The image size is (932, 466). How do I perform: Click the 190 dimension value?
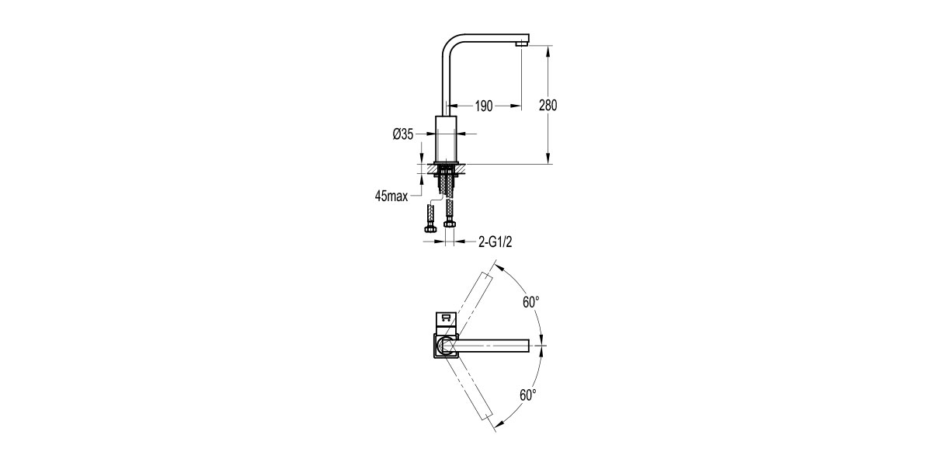tap(484, 106)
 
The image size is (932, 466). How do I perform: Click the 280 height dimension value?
tap(548, 106)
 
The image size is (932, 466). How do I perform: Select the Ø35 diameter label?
tap(403, 134)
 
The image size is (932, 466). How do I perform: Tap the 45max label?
tap(391, 196)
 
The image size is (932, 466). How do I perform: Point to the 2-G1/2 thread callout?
tap(496, 242)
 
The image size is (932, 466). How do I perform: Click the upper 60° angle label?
tap(531, 302)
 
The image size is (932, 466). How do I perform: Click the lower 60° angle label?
tap(527, 395)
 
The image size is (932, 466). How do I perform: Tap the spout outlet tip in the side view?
tap(522, 43)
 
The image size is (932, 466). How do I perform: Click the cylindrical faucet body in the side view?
tap(446, 138)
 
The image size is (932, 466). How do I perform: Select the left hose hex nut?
tap(429, 228)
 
